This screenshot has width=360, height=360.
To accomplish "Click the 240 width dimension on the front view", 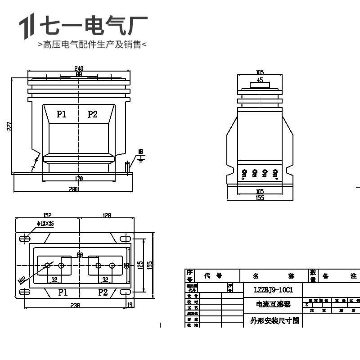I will pyautogui.click(x=79, y=68).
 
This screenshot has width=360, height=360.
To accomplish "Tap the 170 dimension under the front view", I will pyautogui.click(x=79, y=179).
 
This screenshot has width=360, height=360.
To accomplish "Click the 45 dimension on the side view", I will pyautogui.click(x=260, y=80).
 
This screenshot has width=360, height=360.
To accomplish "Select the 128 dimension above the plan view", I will pyautogui.click(x=107, y=216).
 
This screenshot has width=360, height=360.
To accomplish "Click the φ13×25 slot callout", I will pyautogui.click(x=45, y=224).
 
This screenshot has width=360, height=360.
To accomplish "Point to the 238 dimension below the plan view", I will pyautogui.click(x=75, y=305).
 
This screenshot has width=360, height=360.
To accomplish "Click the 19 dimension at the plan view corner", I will pyautogui.click(x=130, y=305).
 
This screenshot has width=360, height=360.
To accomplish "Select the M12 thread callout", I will pyautogui.click(x=22, y=280).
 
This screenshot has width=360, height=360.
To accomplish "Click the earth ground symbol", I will pyautogui.click(x=140, y=157).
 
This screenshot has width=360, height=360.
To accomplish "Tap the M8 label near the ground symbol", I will pyautogui.click(x=140, y=151).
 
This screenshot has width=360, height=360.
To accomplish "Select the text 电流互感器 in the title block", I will pyautogui.click(x=273, y=305).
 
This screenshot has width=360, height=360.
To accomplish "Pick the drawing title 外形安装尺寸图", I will pyautogui.click(x=273, y=321).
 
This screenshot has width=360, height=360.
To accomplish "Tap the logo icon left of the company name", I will pyautogui.click(x=27, y=27).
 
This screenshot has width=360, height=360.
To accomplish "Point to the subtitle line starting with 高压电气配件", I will pyautogui.click(x=92, y=45).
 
